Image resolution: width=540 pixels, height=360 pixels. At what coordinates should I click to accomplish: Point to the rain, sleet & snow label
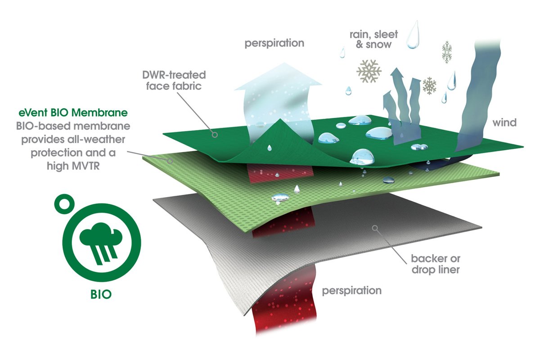coord(370,39)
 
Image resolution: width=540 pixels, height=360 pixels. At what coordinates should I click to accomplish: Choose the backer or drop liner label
coord(434,265)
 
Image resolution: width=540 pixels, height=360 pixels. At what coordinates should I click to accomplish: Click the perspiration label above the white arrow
coord(274,44)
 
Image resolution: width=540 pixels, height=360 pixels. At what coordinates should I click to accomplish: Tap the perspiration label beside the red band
coord(352,290)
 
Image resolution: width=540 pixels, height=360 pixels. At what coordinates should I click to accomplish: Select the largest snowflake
coord(369,71)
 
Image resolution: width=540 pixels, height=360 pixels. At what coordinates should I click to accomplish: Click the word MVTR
coord(92,165)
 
